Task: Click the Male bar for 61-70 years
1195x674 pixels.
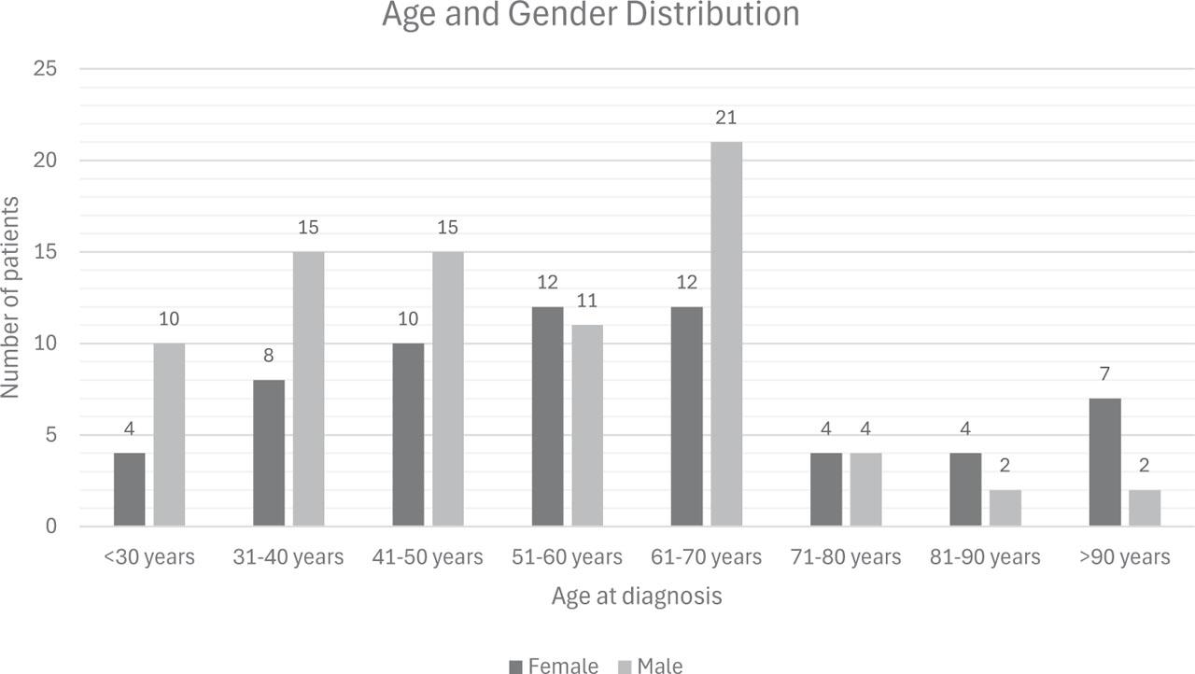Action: (x=726, y=334)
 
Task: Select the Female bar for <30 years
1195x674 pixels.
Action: (x=130, y=490)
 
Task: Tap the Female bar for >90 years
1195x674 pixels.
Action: (x=1105, y=462)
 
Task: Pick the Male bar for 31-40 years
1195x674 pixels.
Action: (x=308, y=389)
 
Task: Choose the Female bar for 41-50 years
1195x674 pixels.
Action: (x=408, y=435)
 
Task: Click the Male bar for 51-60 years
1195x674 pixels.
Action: (x=587, y=426)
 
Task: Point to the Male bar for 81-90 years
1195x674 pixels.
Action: (x=1005, y=508)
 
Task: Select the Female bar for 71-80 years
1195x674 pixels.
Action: (x=826, y=490)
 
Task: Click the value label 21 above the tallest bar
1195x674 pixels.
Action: (x=726, y=118)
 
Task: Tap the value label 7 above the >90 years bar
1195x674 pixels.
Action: (x=1105, y=374)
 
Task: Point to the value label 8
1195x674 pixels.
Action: (x=269, y=356)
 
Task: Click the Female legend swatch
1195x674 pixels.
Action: (x=516, y=666)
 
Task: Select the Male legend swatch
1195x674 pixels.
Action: (x=625, y=666)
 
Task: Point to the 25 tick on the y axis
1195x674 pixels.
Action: (x=46, y=69)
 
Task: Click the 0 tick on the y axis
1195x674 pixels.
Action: (x=52, y=527)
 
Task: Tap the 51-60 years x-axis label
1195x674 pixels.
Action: (x=568, y=557)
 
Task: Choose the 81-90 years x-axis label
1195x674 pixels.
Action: (x=985, y=557)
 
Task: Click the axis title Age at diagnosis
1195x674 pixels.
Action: (x=637, y=596)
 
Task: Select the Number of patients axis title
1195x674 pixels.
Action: (x=11, y=298)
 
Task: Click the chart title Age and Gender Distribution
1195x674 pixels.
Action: (x=591, y=15)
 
